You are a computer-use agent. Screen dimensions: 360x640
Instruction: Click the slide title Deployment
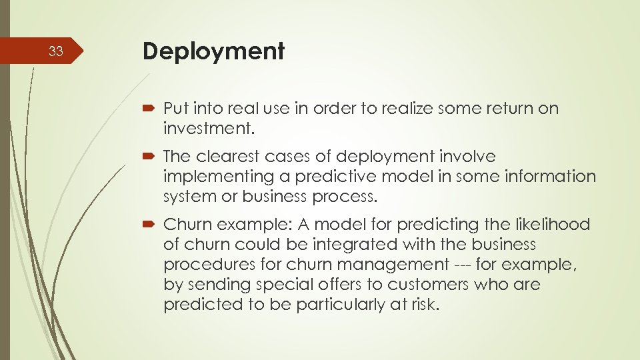coord(213,51)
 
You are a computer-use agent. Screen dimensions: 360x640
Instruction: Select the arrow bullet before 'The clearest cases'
coord(149,157)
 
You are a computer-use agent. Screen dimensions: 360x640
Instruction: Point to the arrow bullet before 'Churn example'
coord(149,225)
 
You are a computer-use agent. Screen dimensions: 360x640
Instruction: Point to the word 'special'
coord(287,285)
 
